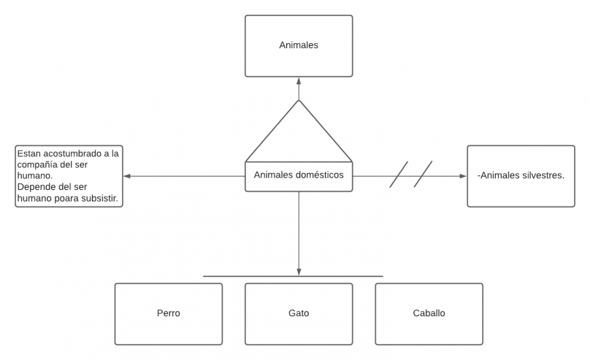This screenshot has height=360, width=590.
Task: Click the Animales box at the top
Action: pyautogui.click(x=299, y=45)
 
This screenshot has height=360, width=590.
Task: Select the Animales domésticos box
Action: pyautogui.click(x=299, y=176)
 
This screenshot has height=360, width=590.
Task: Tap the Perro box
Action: pyautogui.click(x=168, y=314)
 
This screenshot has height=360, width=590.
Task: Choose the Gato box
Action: pyautogui.click(x=299, y=314)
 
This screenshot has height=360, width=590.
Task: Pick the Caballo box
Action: pyautogui.click(x=429, y=314)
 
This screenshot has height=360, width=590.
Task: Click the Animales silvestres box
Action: pyautogui.click(x=521, y=176)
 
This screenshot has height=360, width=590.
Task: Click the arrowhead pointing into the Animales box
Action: pyautogui.click(x=299, y=82)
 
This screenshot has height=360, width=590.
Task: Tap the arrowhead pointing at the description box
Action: pyautogui.click(x=127, y=176)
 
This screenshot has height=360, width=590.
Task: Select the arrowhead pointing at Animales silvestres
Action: pyautogui.click(x=461, y=176)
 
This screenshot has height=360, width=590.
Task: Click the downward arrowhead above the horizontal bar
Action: pyautogui.click(x=299, y=272)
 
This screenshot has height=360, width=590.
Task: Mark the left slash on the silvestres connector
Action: pyautogui.click(x=399, y=175)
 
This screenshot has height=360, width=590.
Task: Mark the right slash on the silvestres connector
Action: pyautogui.click(x=424, y=175)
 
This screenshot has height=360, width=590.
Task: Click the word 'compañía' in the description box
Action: pyautogui.click(x=40, y=164)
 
